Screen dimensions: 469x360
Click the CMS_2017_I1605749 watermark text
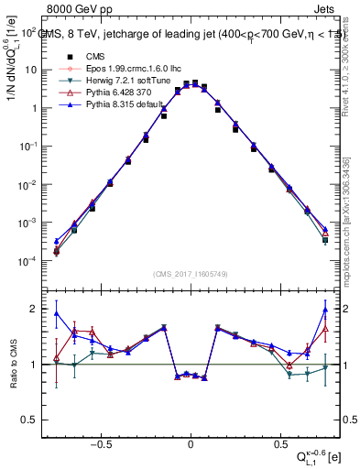[x=191, y=273]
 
